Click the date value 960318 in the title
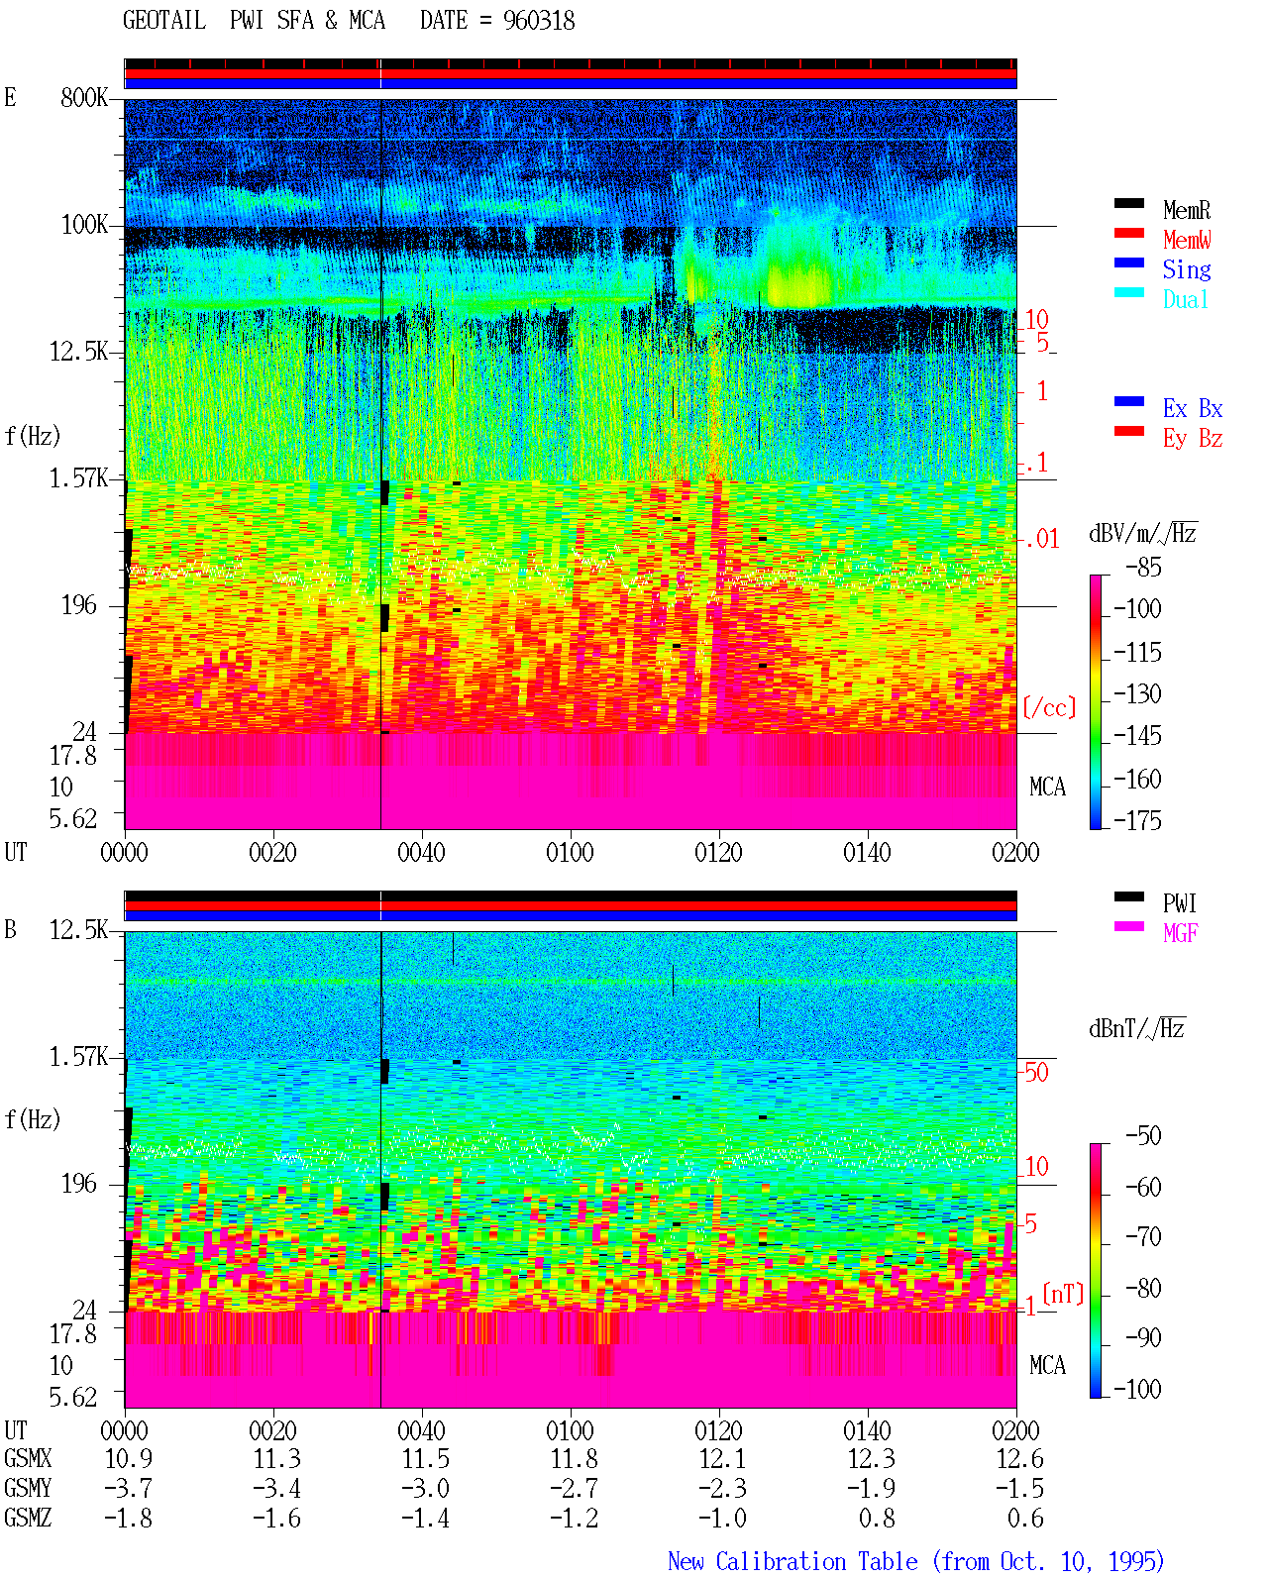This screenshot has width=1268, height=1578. tap(538, 21)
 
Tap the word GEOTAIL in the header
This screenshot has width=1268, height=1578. tap(164, 21)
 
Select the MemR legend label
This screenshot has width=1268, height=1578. tap(1186, 210)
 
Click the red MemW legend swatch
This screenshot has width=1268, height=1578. tap(1128, 233)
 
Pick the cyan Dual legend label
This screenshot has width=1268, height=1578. tap(1185, 299)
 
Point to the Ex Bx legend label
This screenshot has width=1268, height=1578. tap(1192, 408)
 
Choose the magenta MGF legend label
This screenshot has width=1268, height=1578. tap(1180, 933)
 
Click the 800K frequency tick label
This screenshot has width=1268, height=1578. tap(84, 97)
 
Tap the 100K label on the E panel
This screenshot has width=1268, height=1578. tap(84, 225)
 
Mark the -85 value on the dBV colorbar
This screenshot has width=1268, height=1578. tap(1143, 568)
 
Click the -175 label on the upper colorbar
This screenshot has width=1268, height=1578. tap(1137, 820)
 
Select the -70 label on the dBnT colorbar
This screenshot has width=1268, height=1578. tap(1143, 1237)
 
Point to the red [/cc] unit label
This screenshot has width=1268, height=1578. tap(1049, 707)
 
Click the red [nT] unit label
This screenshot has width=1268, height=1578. tap(1063, 1293)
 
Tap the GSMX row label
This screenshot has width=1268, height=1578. tap(28, 1458)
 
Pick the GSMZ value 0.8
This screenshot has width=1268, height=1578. tap(877, 1518)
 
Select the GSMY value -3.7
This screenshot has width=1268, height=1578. tap(128, 1489)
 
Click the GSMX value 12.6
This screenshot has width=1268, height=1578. tap(1019, 1458)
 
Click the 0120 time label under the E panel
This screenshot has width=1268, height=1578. tap(718, 853)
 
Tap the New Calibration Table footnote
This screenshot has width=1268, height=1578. tap(915, 1561)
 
